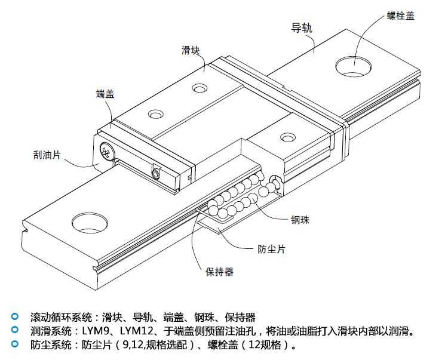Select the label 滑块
click(x=190, y=50)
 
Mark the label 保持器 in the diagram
click(x=219, y=272)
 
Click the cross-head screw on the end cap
click(x=108, y=152)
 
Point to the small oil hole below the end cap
click(x=156, y=173)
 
